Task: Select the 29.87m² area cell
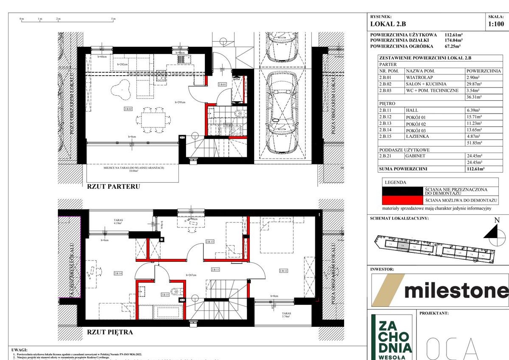pos(475,84)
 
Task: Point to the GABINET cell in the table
pos(416,156)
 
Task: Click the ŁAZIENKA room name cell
pos(418,136)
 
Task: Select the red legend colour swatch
pos(402,200)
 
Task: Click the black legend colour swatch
pos(402,191)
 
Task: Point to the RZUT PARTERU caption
pos(113,186)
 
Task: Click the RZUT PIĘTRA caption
pos(110,332)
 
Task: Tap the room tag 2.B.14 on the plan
pos(118,273)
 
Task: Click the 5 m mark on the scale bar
pos(113,19)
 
